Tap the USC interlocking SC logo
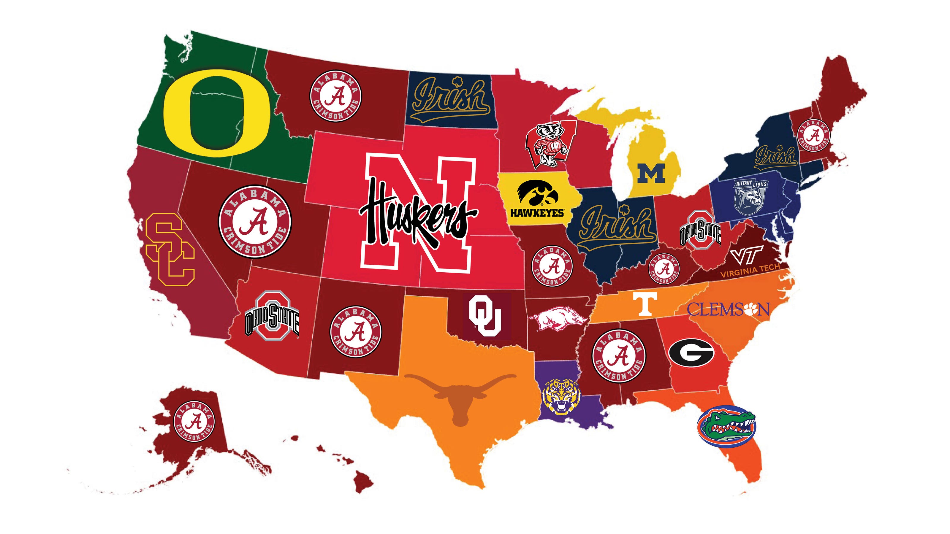click(x=169, y=252)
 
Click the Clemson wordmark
click(x=728, y=309)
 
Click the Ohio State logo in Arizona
click(x=272, y=318)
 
